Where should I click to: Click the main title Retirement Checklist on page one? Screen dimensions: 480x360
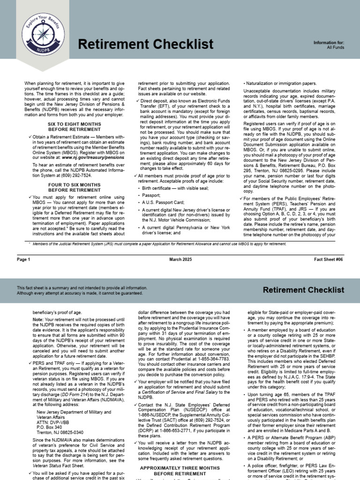pyautogui.click(x=145, y=45)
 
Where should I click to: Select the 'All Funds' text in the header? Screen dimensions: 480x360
pyautogui.click(x=336, y=47)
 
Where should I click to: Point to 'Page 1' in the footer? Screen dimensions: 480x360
pyautogui.click(x=24, y=259)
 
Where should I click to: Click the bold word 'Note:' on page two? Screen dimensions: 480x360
pyautogui.click(x=38, y=319)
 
